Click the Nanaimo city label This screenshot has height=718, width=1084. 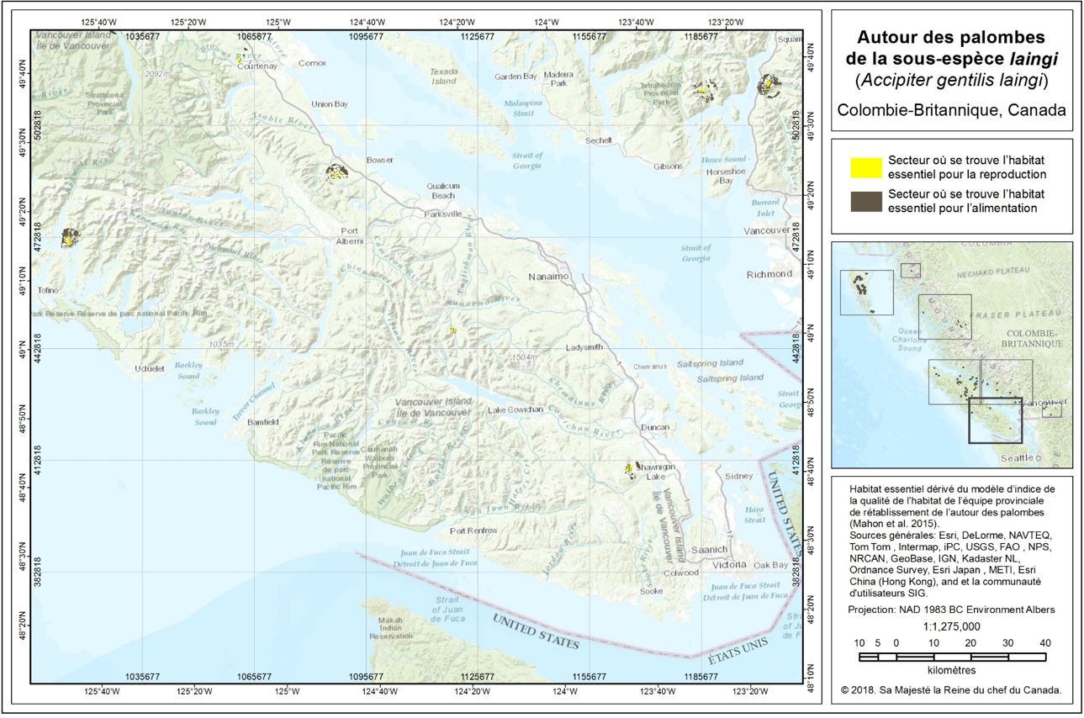549,277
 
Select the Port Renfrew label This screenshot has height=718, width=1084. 473,531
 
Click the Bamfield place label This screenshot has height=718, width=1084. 263,422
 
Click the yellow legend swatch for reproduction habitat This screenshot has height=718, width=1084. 860,167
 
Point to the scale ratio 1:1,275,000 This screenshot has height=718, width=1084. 951,626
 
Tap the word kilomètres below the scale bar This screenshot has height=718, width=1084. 951,670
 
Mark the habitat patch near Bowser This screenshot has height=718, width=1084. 336,172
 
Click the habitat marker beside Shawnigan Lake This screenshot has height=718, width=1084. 629,469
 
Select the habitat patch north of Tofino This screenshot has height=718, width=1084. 70,238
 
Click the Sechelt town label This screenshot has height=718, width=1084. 599,140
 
